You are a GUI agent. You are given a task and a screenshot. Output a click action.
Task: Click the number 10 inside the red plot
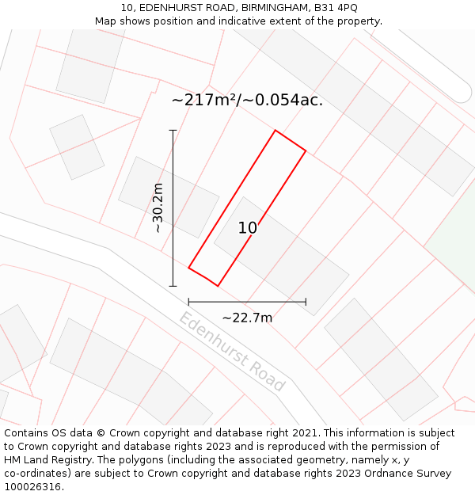pyautogui.click(x=248, y=228)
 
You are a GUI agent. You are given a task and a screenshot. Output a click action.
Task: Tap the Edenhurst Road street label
pyautogui.click(x=231, y=352)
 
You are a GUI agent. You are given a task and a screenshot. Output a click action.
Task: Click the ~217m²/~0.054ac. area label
pyautogui.click(x=247, y=101)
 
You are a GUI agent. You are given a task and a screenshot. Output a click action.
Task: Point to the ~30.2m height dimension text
pyautogui.click(x=158, y=208)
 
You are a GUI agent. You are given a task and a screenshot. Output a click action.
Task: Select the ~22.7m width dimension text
pyautogui.click(x=247, y=318)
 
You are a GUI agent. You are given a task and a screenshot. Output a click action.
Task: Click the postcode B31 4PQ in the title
pyautogui.click(x=336, y=8)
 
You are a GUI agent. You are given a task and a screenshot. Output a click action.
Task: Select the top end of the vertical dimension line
pyautogui.click(x=173, y=130)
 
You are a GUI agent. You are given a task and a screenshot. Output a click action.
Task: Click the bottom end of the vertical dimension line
pyautogui.click(x=173, y=286)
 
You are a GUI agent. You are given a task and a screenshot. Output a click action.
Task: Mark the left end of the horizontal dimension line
pyautogui.click(x=188, y=301)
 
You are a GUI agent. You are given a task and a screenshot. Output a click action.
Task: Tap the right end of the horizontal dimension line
pyautogui.click(x=306, y=301)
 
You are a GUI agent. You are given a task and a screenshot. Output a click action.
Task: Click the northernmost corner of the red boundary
pyautogui.click(x=275, y=130)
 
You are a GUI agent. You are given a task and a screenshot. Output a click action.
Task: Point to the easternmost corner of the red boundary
pyautogui.click(x=306, y=150)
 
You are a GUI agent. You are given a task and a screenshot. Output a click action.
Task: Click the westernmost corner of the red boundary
pyautogui.click(x=188, y=268)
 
